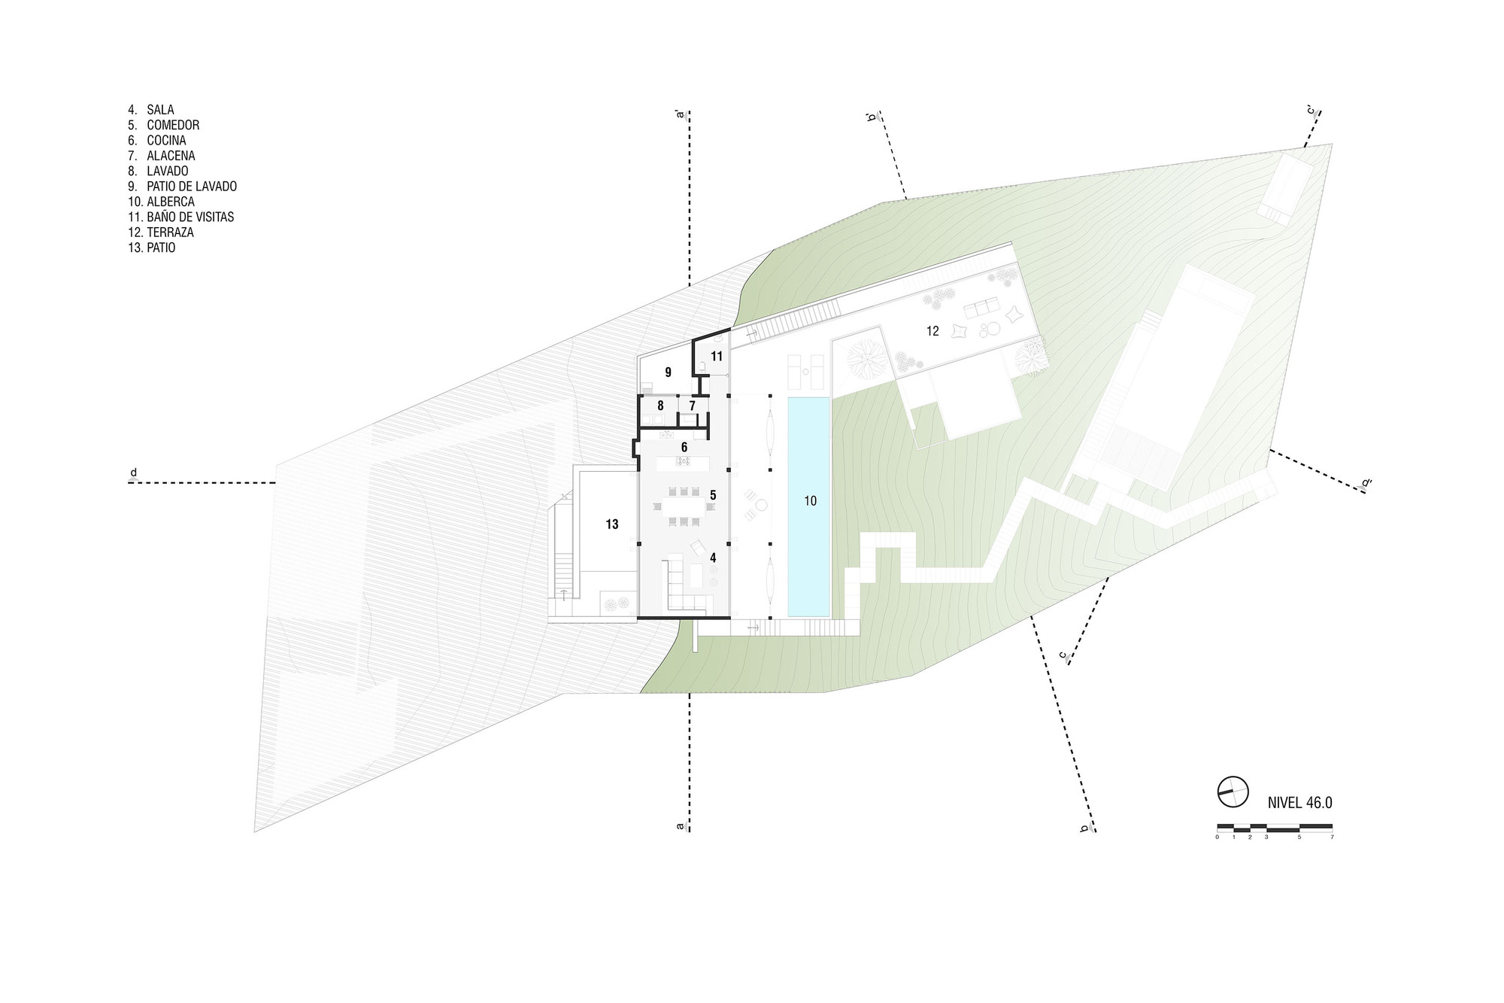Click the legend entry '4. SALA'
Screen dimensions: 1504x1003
coord(150,110)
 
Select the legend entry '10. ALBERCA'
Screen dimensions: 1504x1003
coord(161,202)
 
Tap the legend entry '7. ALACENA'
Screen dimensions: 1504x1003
coord(161,156)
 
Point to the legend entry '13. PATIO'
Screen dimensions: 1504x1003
coord(151,248)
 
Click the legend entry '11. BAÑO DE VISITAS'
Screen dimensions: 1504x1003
coord(180,217)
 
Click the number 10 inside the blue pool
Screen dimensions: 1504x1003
coord(810,501)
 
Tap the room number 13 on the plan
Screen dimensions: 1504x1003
coord(612,524)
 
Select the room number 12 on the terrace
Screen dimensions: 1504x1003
coord(932,331)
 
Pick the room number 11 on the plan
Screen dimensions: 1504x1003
coord(717,357)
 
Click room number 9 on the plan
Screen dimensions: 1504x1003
coord(668,372)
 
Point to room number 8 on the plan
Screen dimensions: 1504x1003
coord(660,406)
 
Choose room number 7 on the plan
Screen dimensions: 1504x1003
coord(692,406)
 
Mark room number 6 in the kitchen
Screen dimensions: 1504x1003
coord(684,447)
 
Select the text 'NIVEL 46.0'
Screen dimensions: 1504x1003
coord(1299,803)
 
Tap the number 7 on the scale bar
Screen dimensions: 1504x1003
coord(1332,837)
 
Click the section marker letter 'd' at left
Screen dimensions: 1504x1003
coord(134,473)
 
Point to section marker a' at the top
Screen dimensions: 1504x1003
coord(680,114)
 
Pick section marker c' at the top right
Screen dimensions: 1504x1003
coord(1311,111)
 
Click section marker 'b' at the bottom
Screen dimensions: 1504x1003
coord(1084,829)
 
